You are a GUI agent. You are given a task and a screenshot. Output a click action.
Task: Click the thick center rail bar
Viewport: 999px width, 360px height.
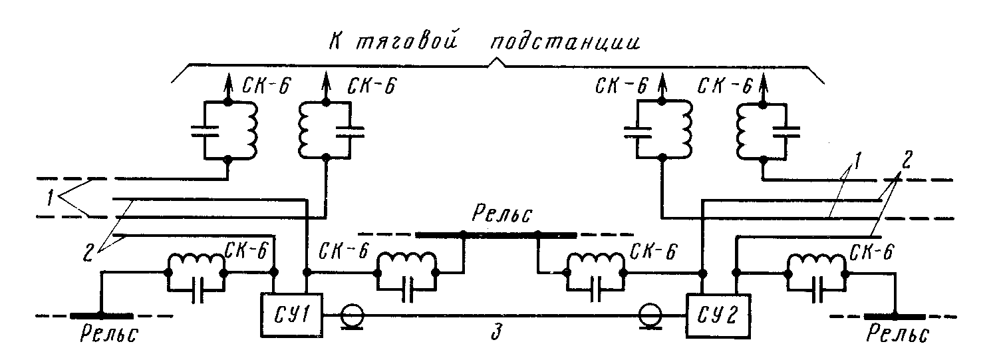(x=496, y=234)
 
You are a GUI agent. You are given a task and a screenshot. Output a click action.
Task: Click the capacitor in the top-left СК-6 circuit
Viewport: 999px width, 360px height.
(x=205, y=131)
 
